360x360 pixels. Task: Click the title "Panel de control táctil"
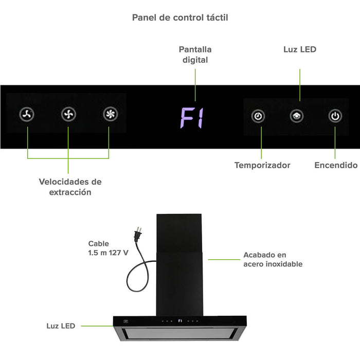click(180, 17)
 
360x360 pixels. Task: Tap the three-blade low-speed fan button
click(27, 115)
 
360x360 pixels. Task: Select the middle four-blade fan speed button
click(68, 115)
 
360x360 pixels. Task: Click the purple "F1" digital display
click(192, 118)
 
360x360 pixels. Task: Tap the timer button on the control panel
click(258, 116)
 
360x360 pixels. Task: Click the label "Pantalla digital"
click(195, 55)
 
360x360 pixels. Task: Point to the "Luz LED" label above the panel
click(300, 49)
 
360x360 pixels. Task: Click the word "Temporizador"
click(262, 165)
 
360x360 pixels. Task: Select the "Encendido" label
click(336, 165)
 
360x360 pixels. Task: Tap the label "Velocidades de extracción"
click(70, 187)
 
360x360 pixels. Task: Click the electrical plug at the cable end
click(137, 235)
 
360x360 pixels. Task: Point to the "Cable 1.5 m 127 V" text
click(108, 248)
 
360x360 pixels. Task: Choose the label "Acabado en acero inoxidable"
click(273, 259)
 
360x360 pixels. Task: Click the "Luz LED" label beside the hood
click(61, 326)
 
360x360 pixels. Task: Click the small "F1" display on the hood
click(180, 321)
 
